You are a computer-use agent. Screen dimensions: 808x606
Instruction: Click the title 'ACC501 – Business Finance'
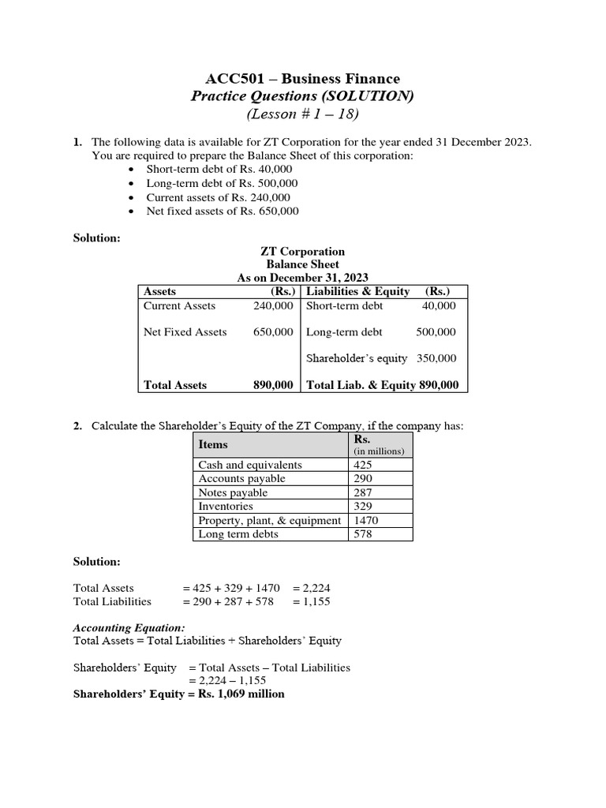(x=302, y=79)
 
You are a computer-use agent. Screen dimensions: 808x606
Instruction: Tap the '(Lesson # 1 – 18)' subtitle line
(x=302, y=114)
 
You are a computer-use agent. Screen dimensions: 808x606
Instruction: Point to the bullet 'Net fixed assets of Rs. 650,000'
(x=223, y=211)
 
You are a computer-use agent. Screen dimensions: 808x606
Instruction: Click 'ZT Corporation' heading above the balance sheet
(x=302, y=252)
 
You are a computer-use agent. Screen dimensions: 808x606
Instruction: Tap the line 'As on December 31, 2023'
(x=302, y=278)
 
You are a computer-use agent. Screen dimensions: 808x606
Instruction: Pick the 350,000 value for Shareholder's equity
(x=436, y=358)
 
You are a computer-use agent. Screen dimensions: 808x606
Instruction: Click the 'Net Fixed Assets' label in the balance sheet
(x=185, y=332)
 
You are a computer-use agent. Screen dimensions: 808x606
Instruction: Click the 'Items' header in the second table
(x=213, y=445)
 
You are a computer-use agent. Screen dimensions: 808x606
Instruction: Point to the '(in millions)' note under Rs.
(x=379, y=451)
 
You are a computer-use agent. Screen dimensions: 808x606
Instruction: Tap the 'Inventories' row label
(x=226, y=507)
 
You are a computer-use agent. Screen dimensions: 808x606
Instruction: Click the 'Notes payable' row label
(x=233, y=492)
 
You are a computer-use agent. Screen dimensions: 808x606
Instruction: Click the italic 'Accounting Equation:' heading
(x=129, y=627)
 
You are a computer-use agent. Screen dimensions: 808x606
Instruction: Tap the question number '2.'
(x=78, y=426)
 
